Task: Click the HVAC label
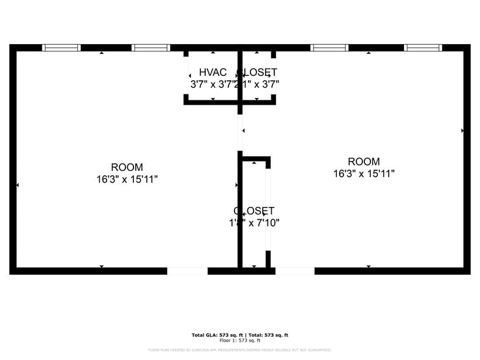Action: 212,72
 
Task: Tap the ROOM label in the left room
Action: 127,167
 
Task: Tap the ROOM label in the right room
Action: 364,162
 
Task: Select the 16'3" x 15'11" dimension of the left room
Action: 127,179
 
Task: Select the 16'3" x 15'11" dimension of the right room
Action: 364,174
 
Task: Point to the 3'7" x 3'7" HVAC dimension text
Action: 212,84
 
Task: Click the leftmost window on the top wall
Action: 61,48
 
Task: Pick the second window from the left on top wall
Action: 151,48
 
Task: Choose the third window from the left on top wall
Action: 329,48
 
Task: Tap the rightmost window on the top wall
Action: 422,48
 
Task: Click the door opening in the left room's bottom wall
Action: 187,271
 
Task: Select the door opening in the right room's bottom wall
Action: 294,271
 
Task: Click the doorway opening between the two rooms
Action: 240,132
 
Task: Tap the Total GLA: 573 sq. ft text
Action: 217,335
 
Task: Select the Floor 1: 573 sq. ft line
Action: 240,340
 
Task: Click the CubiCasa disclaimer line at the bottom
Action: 240,350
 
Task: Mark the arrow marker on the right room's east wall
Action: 462,130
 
